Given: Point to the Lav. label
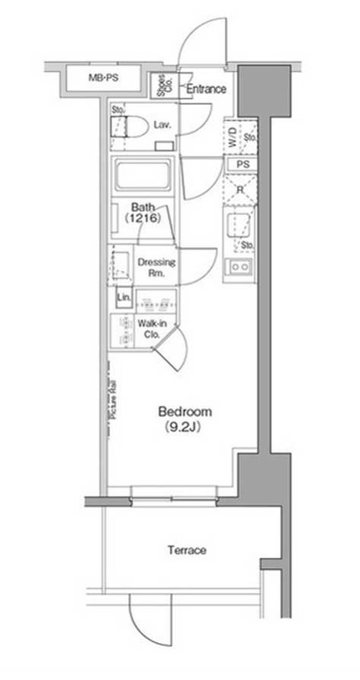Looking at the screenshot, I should [162, 126].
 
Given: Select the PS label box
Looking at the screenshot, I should [244, 164].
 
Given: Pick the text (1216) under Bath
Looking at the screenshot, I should [141, 218].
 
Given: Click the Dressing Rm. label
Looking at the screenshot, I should [155, 266].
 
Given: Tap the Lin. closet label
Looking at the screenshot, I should [124, 298].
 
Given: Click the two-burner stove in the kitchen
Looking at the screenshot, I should [242, 267].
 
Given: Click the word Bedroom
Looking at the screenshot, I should [185, 412].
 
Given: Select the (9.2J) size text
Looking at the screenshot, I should [185, 428].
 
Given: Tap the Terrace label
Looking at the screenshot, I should [186, 550].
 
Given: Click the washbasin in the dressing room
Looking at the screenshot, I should [119, 265].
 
